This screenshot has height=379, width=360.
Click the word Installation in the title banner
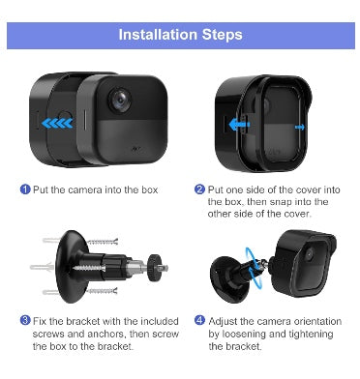click(158, 35)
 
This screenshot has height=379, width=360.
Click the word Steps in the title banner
click(222, 35)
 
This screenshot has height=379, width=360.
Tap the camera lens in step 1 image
click(120, 100)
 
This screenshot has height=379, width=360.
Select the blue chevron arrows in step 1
click(57, 123)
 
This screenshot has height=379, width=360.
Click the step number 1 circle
click(25, 189)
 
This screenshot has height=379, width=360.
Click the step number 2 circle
click(199, 189)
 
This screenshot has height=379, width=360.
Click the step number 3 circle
click(25, 321)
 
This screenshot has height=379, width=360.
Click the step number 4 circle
click(199, 321)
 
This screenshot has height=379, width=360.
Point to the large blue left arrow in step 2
click(239, 125)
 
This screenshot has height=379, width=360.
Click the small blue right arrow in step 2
click(300, 128)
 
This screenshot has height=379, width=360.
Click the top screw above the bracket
click(103, 242)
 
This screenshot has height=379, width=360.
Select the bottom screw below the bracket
click(102, 291)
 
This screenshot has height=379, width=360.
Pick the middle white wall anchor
click(42, 267)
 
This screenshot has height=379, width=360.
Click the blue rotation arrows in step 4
click(254, 268)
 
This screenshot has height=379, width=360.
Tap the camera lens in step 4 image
click(309, 254)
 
